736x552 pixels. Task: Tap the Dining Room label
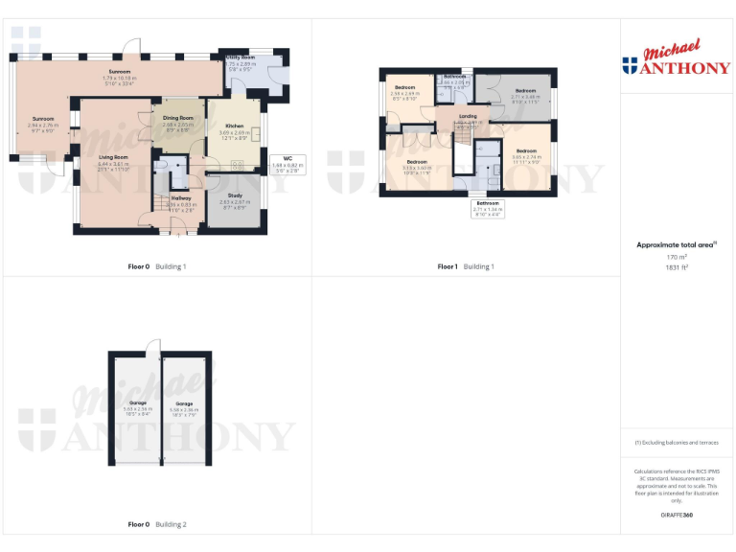[x=178, y=118]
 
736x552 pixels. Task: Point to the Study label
[x=235, y=195]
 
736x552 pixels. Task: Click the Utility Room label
[x=241, y=57]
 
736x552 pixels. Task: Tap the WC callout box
[x=287, y=162]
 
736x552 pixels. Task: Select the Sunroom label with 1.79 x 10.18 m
[x=119, y=72]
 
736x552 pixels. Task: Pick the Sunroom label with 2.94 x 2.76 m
[x=43, y=120]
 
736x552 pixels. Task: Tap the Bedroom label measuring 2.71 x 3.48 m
[x=525, y=91]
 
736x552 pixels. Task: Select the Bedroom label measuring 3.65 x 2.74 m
[x=527, y=151]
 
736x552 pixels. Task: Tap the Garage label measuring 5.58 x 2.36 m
[x=184, y=404]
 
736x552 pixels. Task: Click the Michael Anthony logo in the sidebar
[x=676, y=59]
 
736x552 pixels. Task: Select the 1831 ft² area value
[x=678, y=268]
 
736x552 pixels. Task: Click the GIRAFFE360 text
[x=677, y=516]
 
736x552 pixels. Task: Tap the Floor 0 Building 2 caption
[x=157, y=524]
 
